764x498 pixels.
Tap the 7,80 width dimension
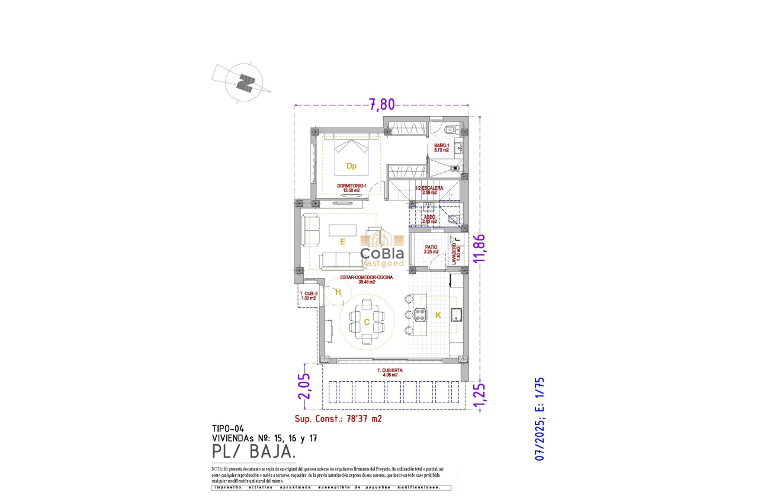[382, 104]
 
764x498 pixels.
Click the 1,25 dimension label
[480, 395]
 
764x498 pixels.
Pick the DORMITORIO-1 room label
[352, 187]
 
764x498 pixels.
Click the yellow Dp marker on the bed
[351, 166]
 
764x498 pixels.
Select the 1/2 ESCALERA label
[430, 190]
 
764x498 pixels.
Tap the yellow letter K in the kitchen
[438, 315]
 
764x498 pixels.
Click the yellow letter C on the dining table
[367, 322]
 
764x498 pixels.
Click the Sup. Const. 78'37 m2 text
[338, 419]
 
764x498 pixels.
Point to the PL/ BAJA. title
[253, 452]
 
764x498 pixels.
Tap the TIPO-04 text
[228, 429]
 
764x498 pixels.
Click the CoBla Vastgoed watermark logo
[382, 249]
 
